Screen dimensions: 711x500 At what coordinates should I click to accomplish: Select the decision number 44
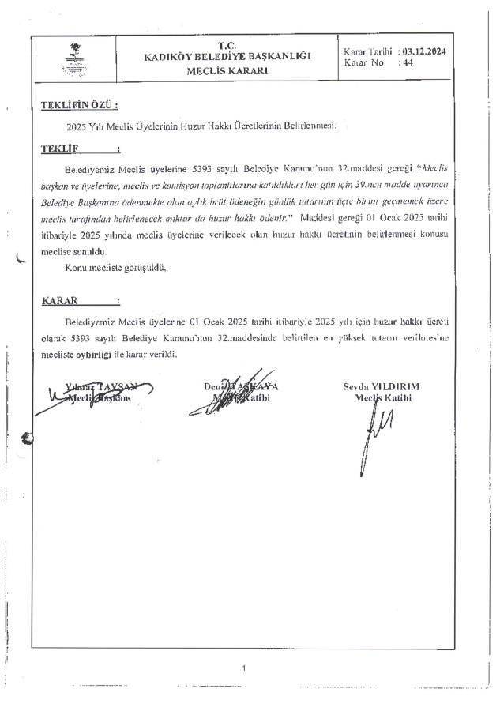coord(407,63)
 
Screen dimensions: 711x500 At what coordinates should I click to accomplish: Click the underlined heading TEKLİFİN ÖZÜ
coord(81,104)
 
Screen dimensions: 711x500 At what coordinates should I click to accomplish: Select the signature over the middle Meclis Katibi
coord(233,394)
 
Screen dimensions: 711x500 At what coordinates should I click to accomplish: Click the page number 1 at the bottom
coord(246,669)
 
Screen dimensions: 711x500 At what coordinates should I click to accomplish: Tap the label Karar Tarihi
coord(369,51)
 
